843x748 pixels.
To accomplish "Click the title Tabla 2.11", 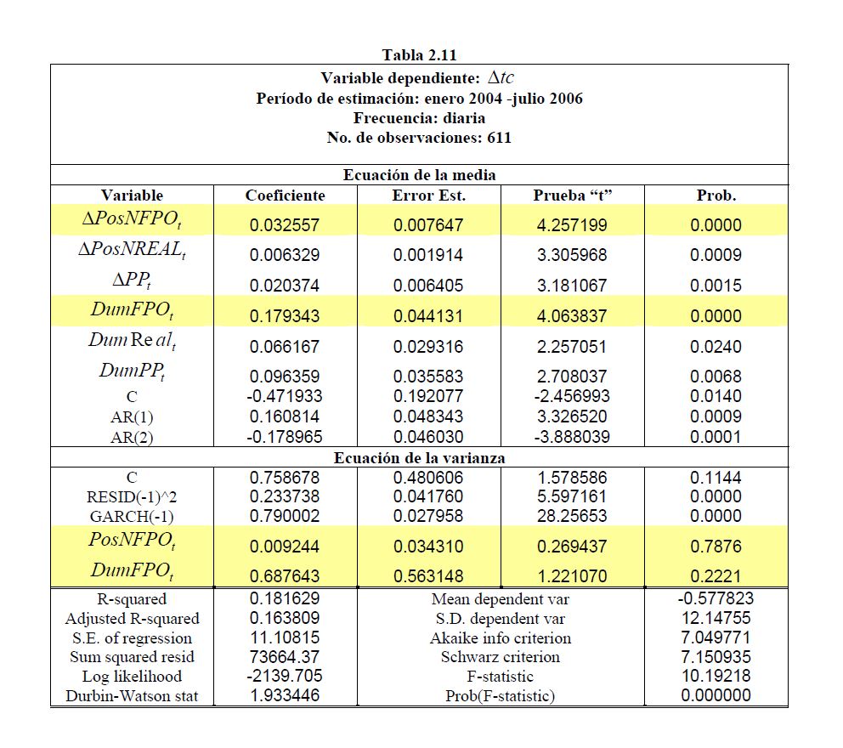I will coord(419,55).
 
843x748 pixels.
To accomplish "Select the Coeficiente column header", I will coord(285,195).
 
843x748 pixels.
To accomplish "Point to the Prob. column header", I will coord(716,195).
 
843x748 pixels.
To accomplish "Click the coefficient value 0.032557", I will coord(285,226).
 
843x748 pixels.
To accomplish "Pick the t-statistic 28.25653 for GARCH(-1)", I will coord(573,515).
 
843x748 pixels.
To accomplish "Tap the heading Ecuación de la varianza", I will coord(419,458).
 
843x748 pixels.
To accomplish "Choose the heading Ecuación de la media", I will coord(419,175).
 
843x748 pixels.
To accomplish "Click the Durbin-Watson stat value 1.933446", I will coord(285,696).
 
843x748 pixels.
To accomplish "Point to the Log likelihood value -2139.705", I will coord(285,677).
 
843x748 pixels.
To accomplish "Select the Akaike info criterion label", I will coord(500,638).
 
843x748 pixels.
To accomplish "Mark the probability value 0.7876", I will coord(716,547).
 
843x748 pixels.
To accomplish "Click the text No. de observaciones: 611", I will coord(419,138).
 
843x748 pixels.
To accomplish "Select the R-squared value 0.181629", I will coord(285,598).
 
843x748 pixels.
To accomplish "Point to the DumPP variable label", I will coord(132,371).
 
